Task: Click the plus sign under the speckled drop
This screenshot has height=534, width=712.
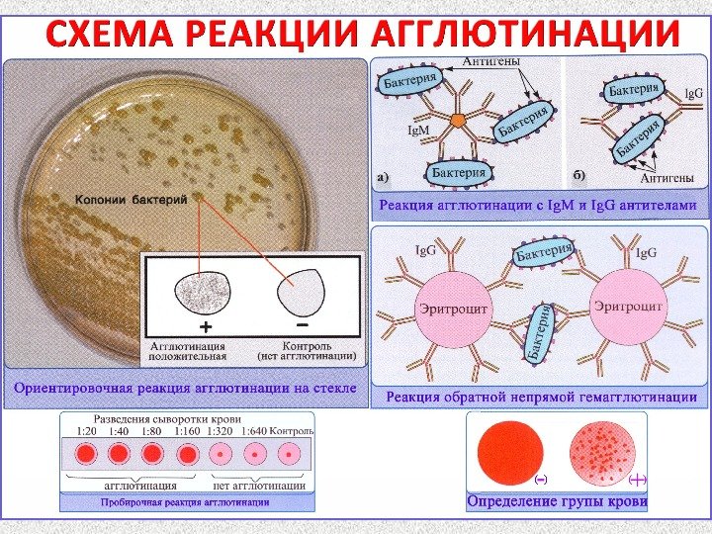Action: pos(206,325)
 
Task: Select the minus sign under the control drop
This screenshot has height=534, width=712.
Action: pos(301,323)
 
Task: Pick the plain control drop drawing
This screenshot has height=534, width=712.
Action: pos(300,291)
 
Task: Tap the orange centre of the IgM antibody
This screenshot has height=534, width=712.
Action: pos(458,120)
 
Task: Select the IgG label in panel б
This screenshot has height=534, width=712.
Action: pos(694,94)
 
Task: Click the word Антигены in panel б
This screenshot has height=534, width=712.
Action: pos(667,178)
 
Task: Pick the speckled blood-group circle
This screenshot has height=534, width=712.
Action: pos(604,453)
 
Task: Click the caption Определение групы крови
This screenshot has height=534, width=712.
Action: pos(557,502)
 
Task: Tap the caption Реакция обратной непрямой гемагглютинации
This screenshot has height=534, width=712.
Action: pos(540,398)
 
